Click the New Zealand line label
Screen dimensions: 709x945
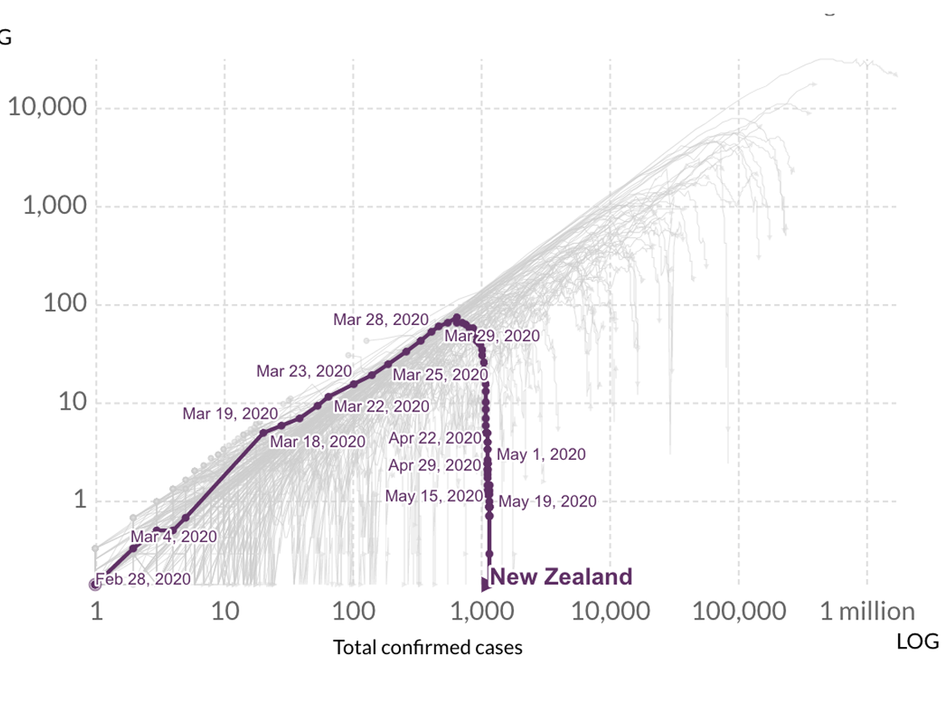[x=560, y=577]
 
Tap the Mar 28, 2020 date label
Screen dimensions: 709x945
[x=381, y=320]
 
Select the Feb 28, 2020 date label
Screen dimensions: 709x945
[x=144, y=579]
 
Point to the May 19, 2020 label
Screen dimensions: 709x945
[x=547, y=502]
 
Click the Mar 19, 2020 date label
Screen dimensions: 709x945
[x=230, y=414]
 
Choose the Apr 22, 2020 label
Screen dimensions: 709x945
[x=435, y=438]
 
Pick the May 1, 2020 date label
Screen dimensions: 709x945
[x=541, y=455]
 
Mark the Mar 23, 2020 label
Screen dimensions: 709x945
[x=304, y=371]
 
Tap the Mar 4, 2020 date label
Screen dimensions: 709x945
[x=173, y=536]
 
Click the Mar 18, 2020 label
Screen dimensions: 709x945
[x=318, y=442]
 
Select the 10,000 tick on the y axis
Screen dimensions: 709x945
[x=48, y=107]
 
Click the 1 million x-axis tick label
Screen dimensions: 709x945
[x=868, y=611]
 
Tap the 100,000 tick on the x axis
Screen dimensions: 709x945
[x=739, y=611]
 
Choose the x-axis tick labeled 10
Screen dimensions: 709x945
[x=225, y=611]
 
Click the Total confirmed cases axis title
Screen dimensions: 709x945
[x=427, y=647]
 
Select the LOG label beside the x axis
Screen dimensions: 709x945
[x=918, y=641]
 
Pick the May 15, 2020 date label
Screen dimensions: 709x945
[x=434, y=496]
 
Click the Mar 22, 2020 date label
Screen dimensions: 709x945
[x=381, y=407]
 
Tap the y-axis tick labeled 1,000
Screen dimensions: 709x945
[x=55, y=206]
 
